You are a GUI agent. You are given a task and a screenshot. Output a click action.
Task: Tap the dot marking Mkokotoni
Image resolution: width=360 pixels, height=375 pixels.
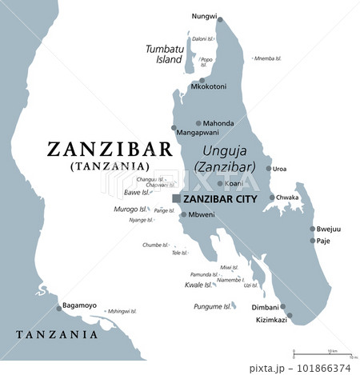[203, 79]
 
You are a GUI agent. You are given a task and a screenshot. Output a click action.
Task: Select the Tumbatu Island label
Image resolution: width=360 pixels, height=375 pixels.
[164, 54]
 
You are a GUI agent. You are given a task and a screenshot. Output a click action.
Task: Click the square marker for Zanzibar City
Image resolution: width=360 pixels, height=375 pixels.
[176, 198]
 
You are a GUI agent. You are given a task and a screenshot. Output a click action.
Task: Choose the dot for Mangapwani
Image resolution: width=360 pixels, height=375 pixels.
[174, 127]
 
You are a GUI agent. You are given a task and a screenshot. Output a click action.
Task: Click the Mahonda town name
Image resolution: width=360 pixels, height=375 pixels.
[218, 123]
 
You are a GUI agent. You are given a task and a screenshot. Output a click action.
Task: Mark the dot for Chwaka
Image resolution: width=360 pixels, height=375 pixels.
[272, 197]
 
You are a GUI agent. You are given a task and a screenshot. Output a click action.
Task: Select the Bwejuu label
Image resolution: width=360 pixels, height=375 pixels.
[328, 229]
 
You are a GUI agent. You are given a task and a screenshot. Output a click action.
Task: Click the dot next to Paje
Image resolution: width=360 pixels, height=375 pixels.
[313, 240]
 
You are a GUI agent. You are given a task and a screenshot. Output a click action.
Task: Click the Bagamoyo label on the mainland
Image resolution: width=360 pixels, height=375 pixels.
[80, 305]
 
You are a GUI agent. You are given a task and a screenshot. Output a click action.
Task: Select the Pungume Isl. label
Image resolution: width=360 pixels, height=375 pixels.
[212, 306]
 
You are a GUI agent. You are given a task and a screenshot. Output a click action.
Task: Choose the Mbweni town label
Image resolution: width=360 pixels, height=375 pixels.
[201, 215]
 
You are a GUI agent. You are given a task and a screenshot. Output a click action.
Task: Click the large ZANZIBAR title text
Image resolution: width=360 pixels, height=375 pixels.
[110, 150]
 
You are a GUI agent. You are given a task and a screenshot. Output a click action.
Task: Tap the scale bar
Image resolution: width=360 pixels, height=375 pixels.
[322, 352]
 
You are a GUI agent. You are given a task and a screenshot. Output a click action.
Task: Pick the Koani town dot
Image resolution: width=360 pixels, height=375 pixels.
[220, 183]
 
